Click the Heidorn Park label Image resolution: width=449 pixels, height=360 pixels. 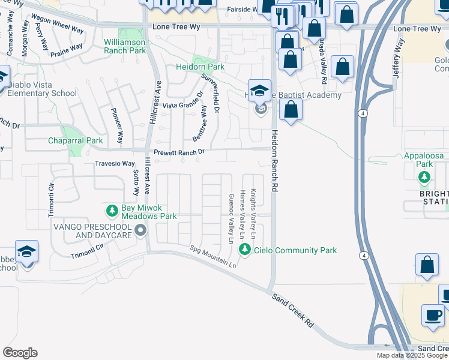tap(199, 67)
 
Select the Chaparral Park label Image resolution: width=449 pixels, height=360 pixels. tap(76, 142)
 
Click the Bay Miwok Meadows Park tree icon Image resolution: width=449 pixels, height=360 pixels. tap(112, 211)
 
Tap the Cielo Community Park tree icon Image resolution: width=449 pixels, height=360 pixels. tap(244, 250)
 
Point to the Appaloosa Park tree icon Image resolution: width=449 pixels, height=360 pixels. tap(424, 176)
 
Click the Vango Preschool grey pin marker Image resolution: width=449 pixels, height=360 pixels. tap(140, 230)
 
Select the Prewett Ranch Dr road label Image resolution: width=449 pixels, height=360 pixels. tap(179, 153)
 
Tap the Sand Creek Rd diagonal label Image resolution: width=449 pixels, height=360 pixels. tap(292, 310)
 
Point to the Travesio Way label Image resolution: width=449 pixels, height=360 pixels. tap(115, 163)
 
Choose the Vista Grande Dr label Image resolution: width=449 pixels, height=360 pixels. tap(183, 106)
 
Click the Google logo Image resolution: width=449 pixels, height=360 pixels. tap(20, 353)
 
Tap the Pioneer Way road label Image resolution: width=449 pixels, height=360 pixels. tap(118, 125)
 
